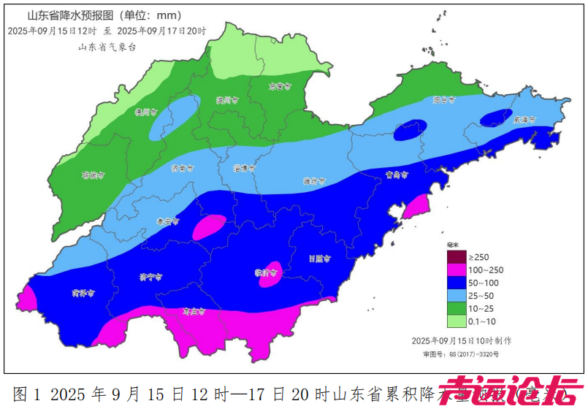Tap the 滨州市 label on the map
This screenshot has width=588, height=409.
tap(227, 100)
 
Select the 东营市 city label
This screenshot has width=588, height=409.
tap(279, 86)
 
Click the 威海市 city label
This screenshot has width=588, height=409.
tap(524, 119)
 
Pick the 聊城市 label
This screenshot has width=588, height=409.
tap(93, 175)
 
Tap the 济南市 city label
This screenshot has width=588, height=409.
tap(182, 168)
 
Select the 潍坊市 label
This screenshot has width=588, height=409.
tap(315, 181)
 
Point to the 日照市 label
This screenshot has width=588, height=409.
tap(320, 259)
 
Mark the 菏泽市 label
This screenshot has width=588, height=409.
tap(83, 294)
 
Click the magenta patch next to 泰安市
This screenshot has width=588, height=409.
tap(210, 226)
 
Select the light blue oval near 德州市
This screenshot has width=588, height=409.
tap(172, 117)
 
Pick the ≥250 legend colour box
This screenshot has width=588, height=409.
tap(457, 257)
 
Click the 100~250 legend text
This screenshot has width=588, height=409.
tap(486, 270)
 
